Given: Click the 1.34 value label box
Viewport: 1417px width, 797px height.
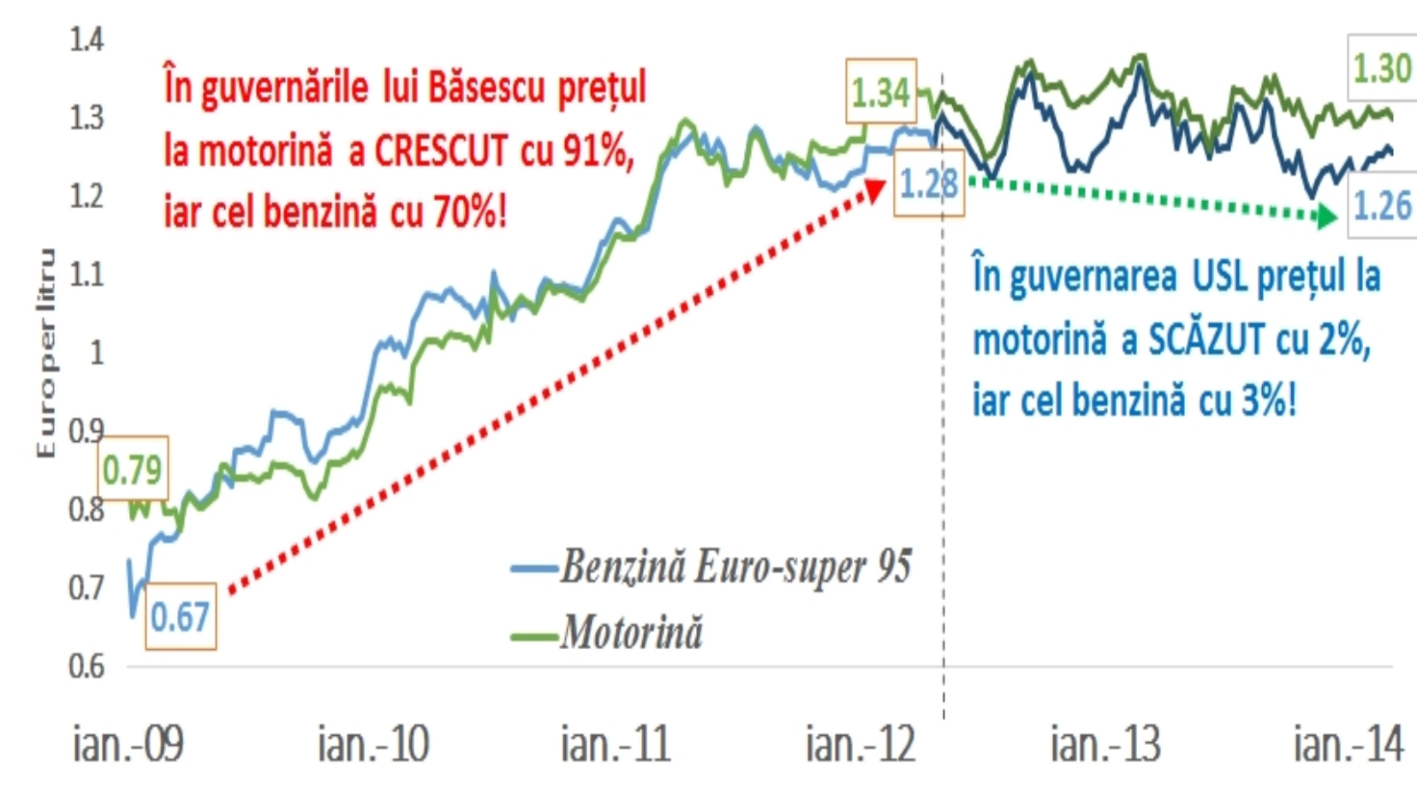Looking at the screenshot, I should pos(880,92).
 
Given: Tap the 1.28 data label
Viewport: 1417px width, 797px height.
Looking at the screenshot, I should pos(928,184).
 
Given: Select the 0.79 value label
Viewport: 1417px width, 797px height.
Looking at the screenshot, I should pos(132,469).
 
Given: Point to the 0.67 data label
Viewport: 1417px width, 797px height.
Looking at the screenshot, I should pos(180,617).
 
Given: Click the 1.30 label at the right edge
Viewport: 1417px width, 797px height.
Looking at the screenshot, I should pos(1381,68).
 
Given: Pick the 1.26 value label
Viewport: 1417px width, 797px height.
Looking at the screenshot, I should pos(1381,206).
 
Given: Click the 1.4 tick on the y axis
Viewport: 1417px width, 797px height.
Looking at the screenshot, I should pos(87,40).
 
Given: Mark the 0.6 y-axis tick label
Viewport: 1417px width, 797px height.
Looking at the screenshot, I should pos(87,666).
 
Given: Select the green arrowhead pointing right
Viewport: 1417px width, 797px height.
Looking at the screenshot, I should pos(1326,215).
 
